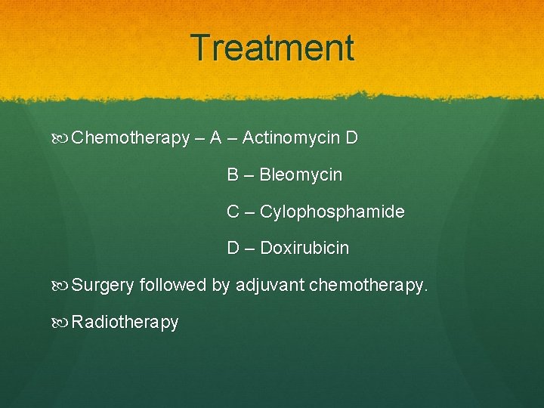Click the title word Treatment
coord(272,48)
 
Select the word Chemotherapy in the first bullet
coord(130,138)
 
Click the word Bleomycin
coord(301,175)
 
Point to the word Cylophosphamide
coord(332,212)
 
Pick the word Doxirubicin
coord(304,248)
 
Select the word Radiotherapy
coord(125,323)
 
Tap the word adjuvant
coord(270,286)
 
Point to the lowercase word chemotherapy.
coord(369,286)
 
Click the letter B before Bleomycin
coord(233,175)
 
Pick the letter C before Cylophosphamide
coord(233,212)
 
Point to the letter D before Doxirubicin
coord(233,248)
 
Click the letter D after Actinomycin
coord(351,138)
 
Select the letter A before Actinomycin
coord(215,138)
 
